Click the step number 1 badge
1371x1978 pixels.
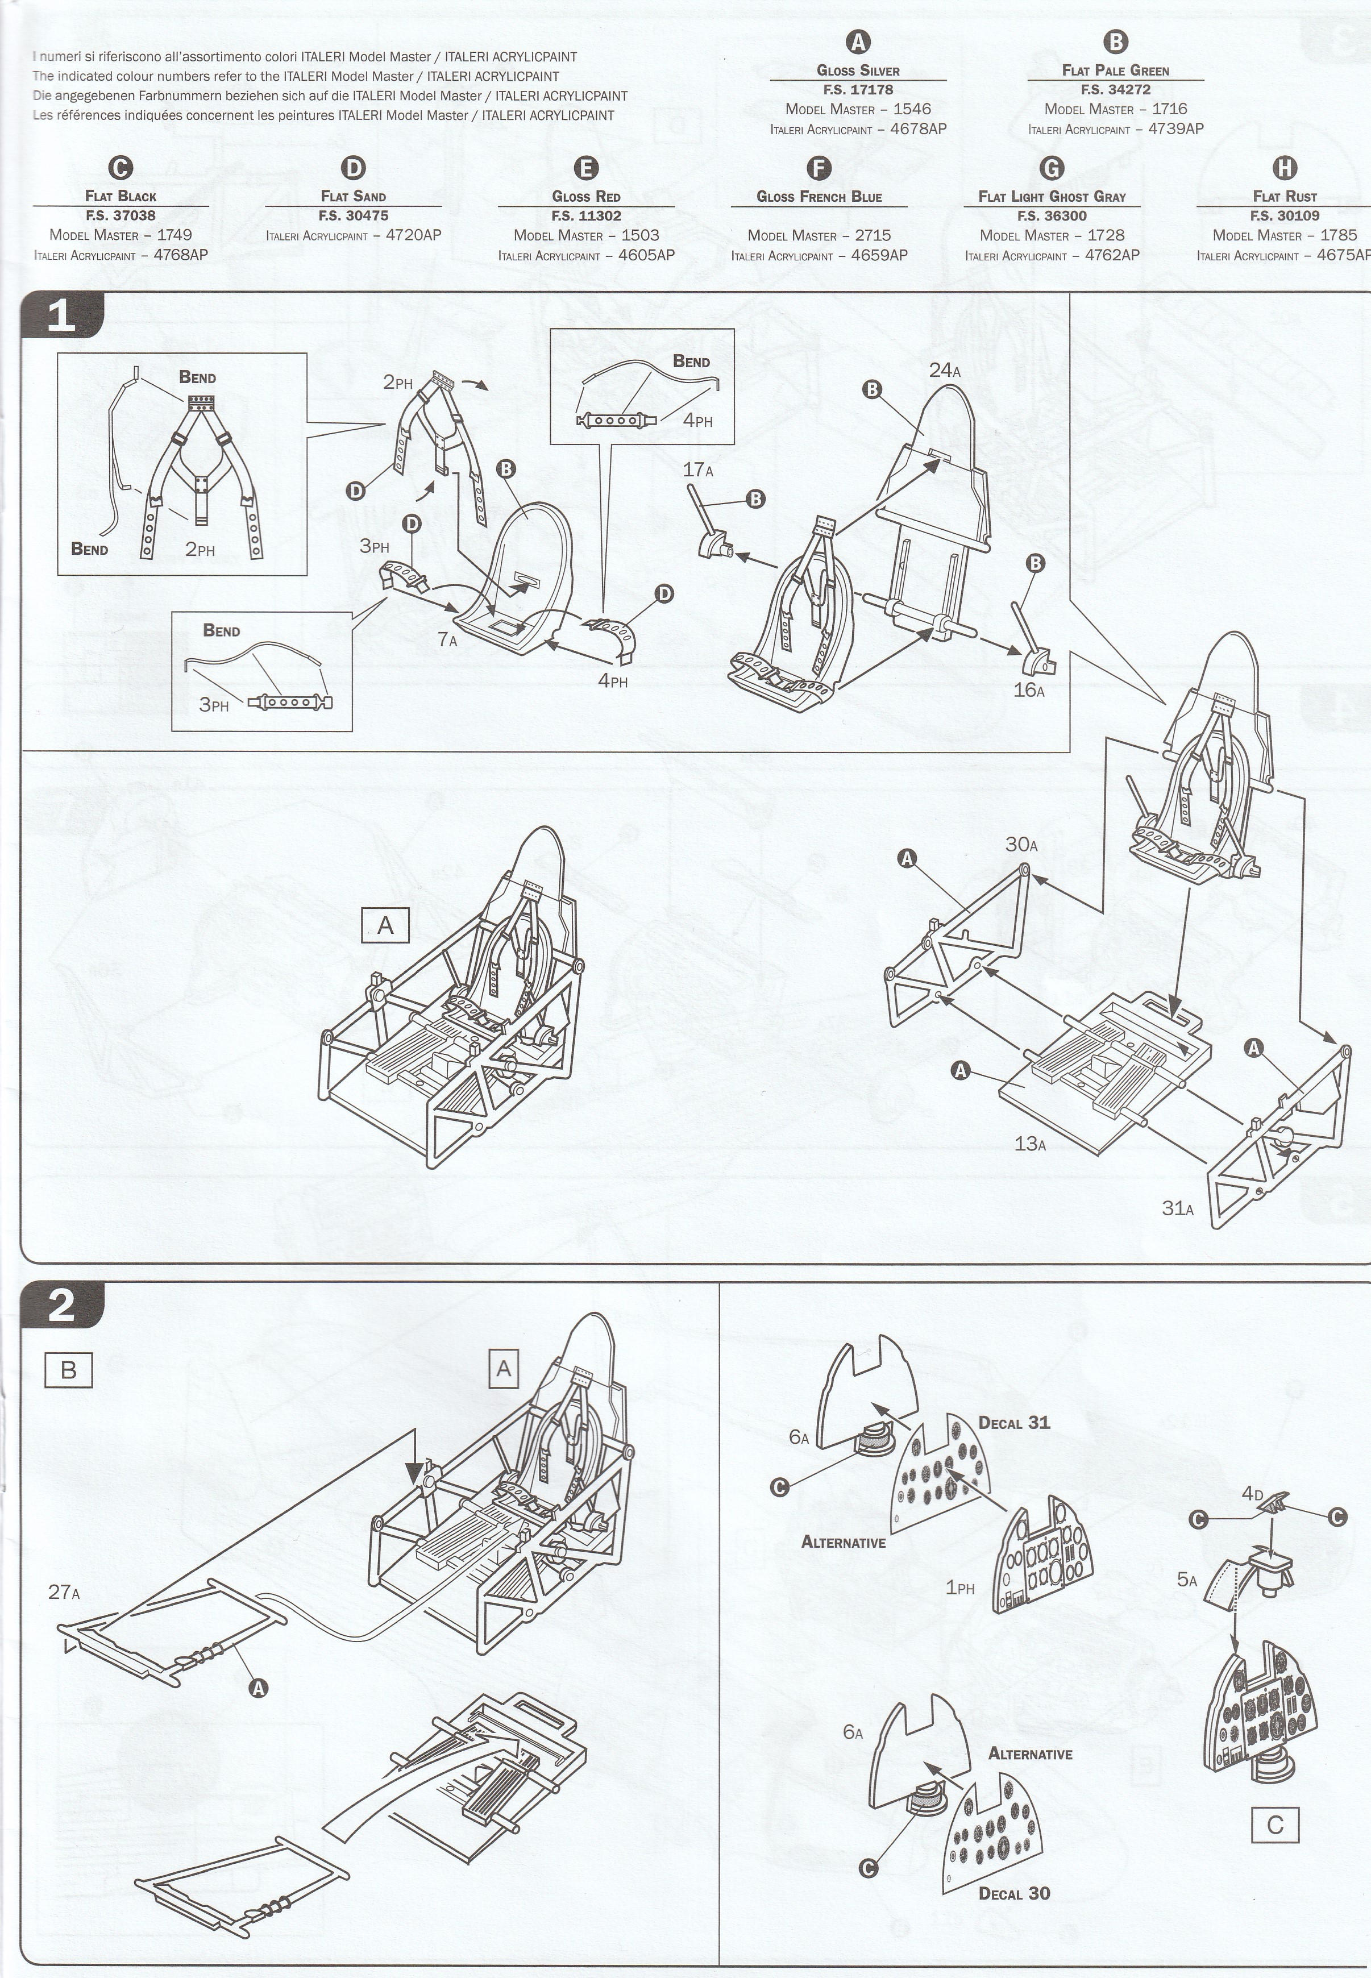62,316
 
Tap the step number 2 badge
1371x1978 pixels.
62,1306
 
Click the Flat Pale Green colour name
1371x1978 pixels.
1115,70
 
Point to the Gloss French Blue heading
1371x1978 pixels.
819,197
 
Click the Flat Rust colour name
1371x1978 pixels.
1284,197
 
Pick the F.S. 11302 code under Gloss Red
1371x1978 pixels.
586,215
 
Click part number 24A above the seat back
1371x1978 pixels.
945,370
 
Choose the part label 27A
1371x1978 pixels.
64,1593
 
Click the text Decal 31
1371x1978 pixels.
1015,1422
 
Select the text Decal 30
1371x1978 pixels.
1015,1910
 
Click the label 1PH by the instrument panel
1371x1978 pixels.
961,1588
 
